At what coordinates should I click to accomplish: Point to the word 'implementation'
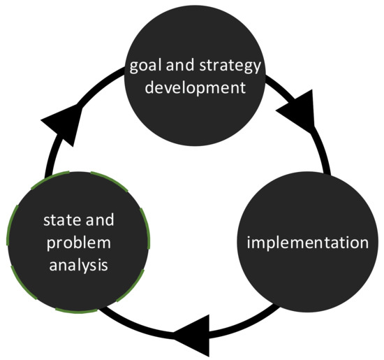(x=308, y=243)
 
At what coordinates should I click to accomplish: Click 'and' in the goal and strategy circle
(x=182, y=68)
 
